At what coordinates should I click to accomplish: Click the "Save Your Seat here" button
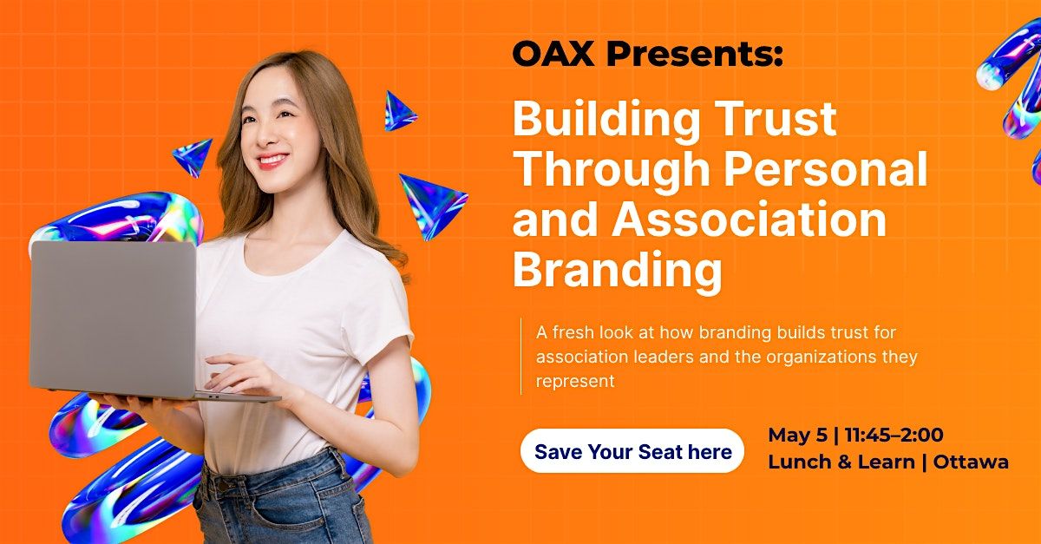coord(632,451)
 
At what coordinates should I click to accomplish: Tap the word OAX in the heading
coord(553,54)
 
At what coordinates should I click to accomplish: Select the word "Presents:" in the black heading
coord(695,54)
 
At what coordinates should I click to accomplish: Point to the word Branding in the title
coord(618,271)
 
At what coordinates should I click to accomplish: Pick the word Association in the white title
coord(750,219)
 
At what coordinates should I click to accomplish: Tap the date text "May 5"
coord(797,436)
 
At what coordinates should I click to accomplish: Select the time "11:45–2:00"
coord(894,436)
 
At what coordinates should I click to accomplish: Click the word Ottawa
coord(971,462)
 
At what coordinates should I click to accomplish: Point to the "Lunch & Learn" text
coord(841,462)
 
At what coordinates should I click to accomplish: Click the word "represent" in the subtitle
coord(575,382)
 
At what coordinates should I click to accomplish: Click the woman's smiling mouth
coord(272,161)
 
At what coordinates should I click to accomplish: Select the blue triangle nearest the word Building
coord(399,112)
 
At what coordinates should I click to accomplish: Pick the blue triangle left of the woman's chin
coord(193,157)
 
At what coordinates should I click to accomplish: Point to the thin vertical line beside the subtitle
coord(521,356)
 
